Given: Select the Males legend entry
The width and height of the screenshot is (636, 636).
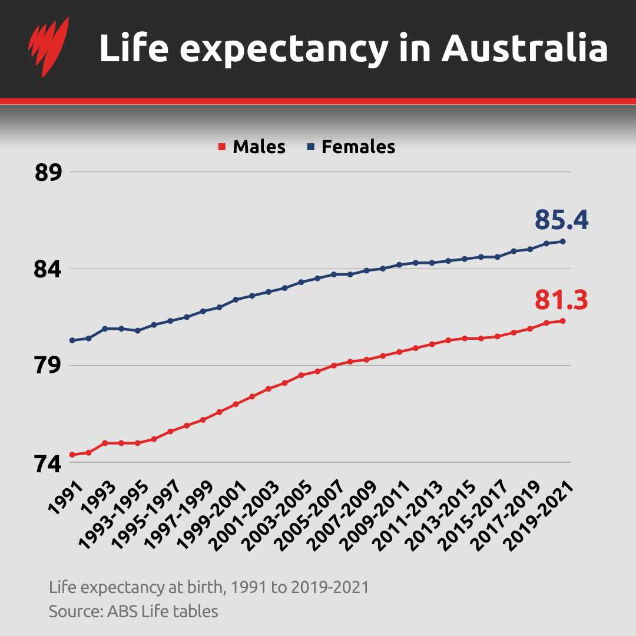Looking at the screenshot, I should (x=253, y=147).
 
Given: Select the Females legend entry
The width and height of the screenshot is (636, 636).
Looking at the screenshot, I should (x=352, y=147).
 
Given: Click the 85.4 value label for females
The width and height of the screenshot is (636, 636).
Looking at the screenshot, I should (x=561, y=220).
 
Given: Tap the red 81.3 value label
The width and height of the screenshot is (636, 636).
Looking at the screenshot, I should (x=561, y=300).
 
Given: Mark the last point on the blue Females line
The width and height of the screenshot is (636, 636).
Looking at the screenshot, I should (x=563, y=241).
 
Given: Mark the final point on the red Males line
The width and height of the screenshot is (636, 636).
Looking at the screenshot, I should (x=563, y=321).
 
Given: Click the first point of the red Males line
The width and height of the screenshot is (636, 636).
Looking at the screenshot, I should (x=72, y=455).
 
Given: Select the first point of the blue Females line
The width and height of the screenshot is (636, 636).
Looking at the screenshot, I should (x=72, y=340).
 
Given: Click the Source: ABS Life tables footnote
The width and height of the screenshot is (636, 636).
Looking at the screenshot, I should (x=133, y=611).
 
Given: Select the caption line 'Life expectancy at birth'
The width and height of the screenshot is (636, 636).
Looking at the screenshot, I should (x=209, y=587).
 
